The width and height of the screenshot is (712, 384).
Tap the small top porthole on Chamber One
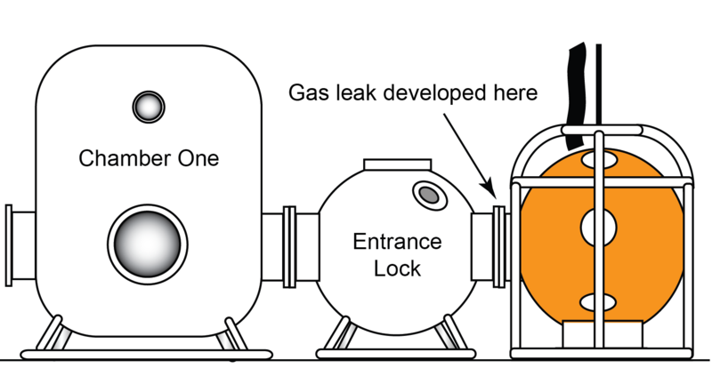(x=148, y=107)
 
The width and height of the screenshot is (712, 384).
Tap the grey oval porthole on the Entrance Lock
(x=427, y=193)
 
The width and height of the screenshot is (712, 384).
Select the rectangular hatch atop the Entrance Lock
(x=397, y=166)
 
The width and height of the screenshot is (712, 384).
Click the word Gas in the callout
(x=308, y=92)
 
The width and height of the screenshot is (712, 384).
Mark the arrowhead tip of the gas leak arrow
(x=491, y=193)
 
